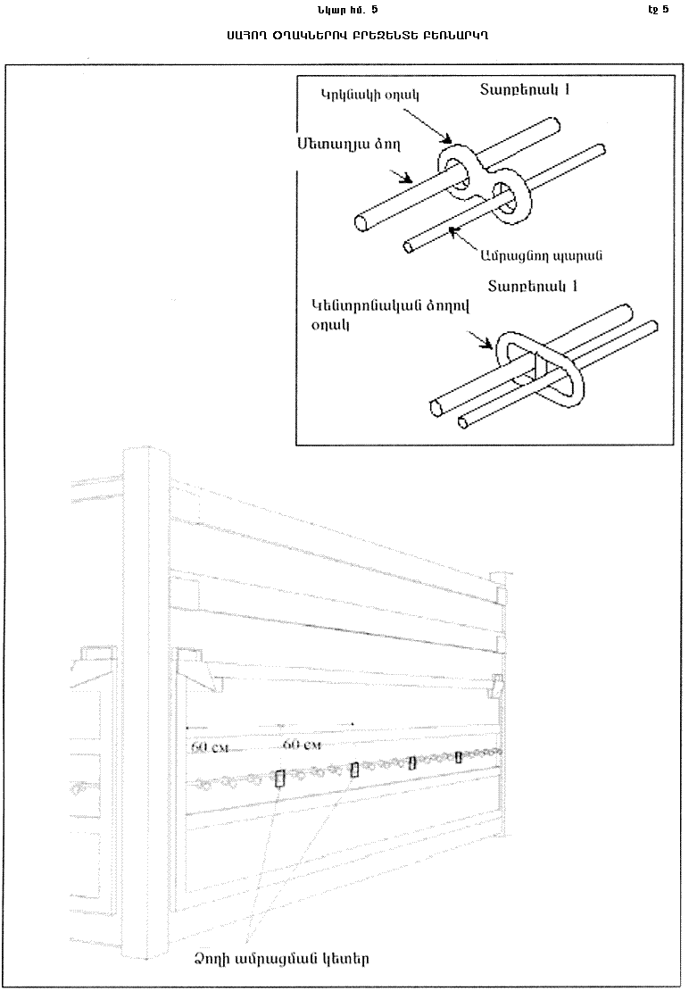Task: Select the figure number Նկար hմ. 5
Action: (x=340, y=10)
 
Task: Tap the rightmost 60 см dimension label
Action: (x=301, y=744)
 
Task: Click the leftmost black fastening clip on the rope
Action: (x=279, y=779)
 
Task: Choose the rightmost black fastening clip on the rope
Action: (x=459, y=757)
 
